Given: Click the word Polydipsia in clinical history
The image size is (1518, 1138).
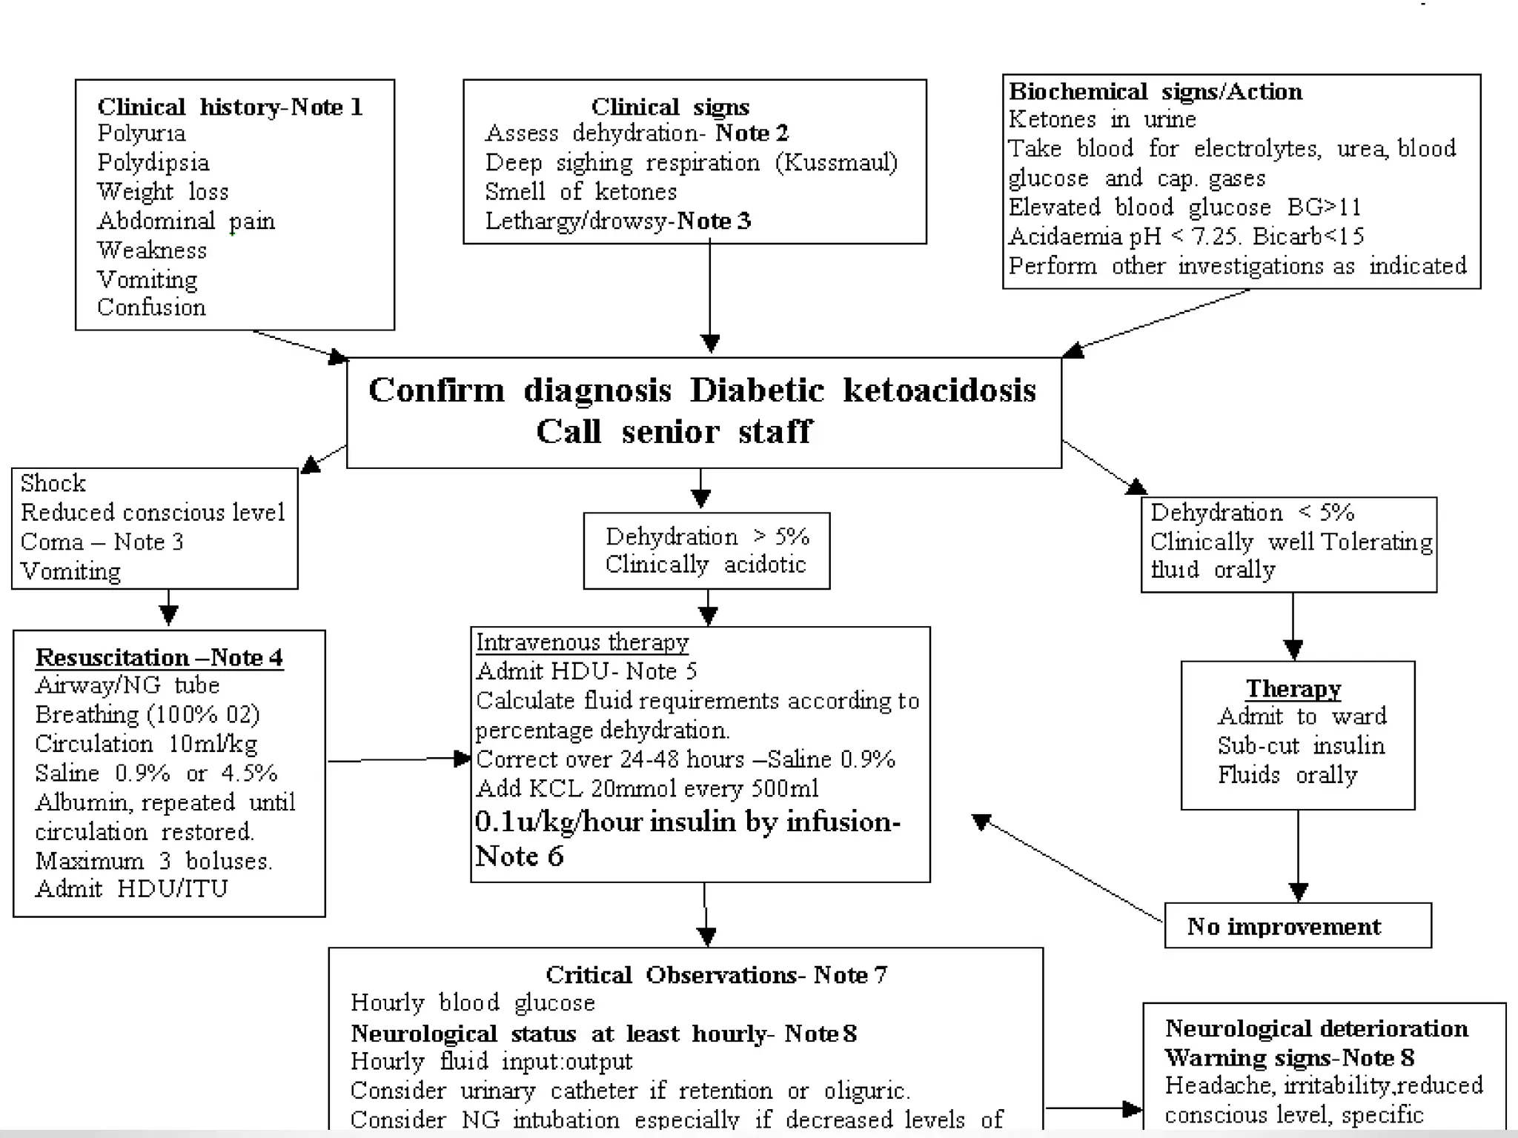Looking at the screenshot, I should [x=153, y=162].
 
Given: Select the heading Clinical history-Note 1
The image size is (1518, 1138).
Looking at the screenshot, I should [x=230, y=107].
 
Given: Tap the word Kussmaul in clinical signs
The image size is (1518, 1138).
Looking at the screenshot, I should [x=836, y=162].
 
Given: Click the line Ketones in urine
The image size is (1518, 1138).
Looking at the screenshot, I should [x=1102, y=119].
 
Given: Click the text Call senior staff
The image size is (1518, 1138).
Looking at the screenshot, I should [x=674, y=431].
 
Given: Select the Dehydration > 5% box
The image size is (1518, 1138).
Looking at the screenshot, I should [x=706, y=550].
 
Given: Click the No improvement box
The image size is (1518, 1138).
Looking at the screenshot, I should [x=1297, y=926].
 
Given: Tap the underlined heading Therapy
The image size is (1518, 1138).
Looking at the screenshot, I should [x=1293, y=688].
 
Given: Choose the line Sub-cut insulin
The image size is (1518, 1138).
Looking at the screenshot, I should [x=1301, y=745].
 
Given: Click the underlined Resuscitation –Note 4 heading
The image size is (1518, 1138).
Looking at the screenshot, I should [x=159, y=657].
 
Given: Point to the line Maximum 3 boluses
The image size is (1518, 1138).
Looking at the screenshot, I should [x=154, y=861].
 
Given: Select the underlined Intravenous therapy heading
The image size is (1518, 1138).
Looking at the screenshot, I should [x=582, y=642].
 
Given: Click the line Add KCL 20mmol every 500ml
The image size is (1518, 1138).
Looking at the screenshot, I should [x=647, y=788].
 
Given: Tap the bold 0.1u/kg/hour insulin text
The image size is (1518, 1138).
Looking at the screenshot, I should [x=687, y=822].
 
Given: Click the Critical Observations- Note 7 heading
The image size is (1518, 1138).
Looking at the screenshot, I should [x=716, y=975].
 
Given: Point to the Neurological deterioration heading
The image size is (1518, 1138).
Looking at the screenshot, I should [x=1316, y=1028].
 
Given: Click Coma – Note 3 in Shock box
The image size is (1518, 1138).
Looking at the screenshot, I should [x=102, y=542].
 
